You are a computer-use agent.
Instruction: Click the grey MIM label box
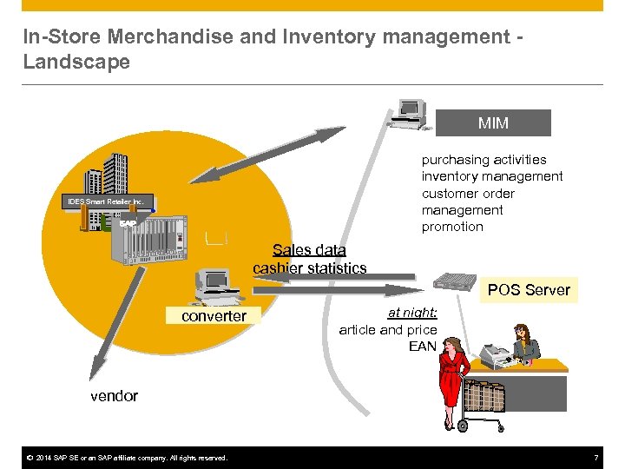493,123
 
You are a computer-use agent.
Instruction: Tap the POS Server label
529,290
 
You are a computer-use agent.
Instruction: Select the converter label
214,316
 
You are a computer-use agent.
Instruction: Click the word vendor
114,396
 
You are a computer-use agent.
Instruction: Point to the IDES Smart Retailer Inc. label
109,201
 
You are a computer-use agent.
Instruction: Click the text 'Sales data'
309,250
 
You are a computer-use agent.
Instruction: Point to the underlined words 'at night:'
412,313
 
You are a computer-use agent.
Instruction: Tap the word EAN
423,347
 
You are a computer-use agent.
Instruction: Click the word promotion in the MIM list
452,227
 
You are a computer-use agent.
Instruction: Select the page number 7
596,458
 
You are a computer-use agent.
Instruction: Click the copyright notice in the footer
127,458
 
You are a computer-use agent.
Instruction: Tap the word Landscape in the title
76,63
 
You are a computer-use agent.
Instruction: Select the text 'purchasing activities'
484,160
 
